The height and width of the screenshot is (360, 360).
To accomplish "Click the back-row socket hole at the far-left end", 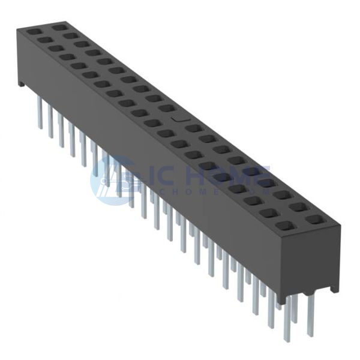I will click(x=58, y=28).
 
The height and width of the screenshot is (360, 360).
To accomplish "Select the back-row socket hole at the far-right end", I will click(x=313, y=220).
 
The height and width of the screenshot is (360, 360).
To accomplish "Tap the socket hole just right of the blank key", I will click(x=193, y=128).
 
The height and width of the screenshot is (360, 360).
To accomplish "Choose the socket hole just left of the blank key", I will click(x=167, y=109).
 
